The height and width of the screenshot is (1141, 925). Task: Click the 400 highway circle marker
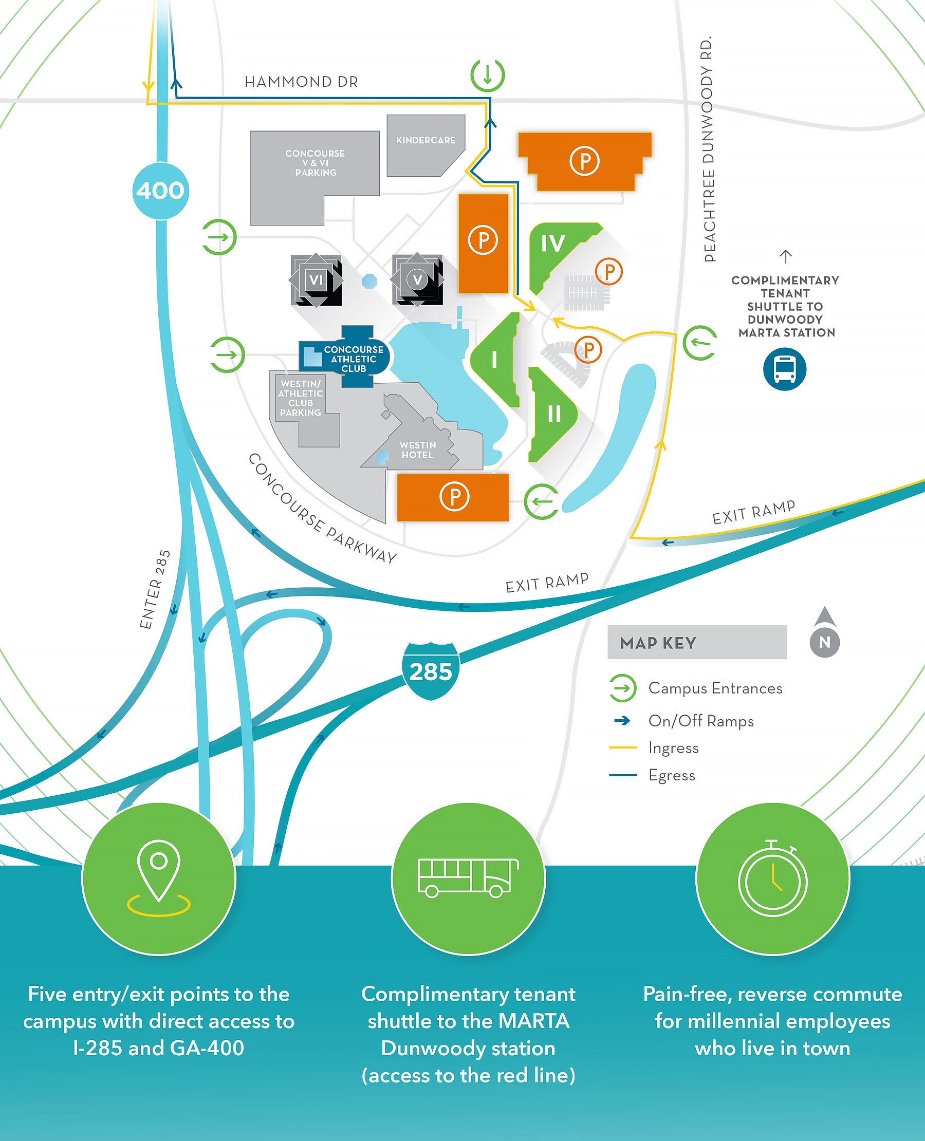160,191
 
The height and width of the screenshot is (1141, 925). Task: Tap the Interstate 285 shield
431,671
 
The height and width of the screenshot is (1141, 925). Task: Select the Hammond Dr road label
301,82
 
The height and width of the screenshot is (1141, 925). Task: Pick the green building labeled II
553,414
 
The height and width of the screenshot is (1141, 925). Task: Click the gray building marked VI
316,280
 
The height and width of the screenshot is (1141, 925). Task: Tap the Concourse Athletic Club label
353,359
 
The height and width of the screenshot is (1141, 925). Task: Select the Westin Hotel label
418,450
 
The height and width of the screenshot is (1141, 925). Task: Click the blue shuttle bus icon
784,369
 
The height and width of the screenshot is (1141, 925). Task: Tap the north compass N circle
824,642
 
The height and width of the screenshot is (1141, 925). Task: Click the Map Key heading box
697,642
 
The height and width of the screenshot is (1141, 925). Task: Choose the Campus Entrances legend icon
622,688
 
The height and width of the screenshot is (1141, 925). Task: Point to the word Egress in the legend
672,776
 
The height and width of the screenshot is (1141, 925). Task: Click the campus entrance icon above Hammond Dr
488,75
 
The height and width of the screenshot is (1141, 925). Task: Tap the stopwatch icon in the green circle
772,880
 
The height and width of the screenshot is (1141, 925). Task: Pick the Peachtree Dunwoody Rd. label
707,149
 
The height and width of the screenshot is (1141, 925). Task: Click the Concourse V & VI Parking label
316,163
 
